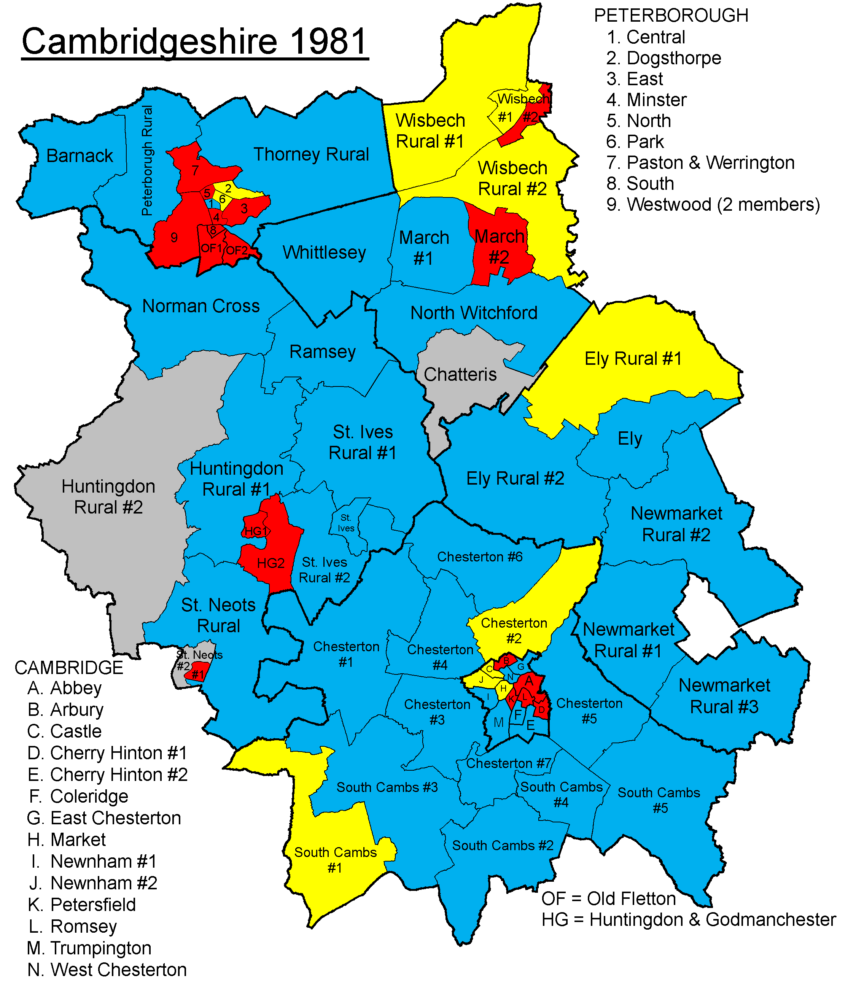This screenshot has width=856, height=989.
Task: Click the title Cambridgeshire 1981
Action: (x=194, y=41)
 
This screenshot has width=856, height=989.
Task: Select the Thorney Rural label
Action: (x=311, y=154)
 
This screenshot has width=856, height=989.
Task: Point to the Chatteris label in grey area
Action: (x=460, y=374)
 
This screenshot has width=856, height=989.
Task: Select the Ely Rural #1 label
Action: (x=633, y=359)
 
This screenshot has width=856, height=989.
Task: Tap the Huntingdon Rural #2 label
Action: (x=108, y=497)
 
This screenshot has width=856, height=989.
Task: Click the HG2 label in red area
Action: (x=270, y=563)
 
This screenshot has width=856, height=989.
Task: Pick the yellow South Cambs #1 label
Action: (x=335, y=860)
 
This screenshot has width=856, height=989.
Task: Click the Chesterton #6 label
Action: (x=480, y=557)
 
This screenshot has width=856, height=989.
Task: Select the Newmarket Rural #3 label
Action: (x=724, y=696)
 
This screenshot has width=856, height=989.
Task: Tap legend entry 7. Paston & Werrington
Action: (x=700, y=163)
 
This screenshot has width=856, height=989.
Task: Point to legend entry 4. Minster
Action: (x=646, y=100)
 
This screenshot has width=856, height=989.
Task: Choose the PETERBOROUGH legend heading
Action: (x=671, y=16)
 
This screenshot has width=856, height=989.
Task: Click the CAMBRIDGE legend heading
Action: (x=69, y=668)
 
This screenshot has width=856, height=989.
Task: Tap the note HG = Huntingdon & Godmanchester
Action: (x=688, y=919)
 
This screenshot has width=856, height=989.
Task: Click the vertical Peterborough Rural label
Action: (x=147, y=161)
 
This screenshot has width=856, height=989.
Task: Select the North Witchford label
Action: (x=474, y=313)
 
